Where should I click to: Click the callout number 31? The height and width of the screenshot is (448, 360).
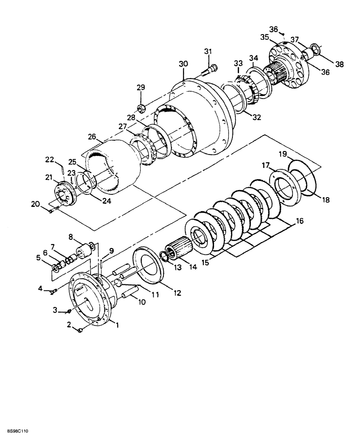207,52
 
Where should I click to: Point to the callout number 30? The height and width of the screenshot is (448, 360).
183,64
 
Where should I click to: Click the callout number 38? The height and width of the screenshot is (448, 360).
339,64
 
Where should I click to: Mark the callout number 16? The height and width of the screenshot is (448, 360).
299,221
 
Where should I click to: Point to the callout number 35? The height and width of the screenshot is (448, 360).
265,37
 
